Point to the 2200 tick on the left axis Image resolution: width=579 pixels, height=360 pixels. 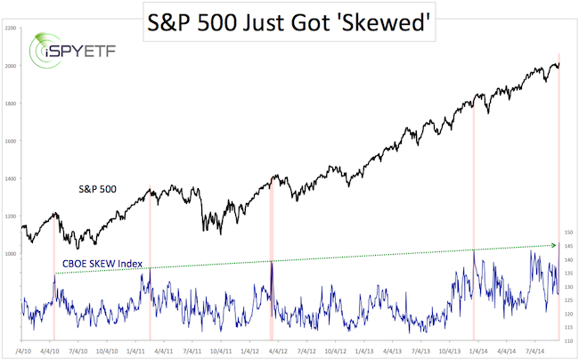pos(10,29)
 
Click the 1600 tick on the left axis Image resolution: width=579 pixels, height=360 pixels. pos(10,141)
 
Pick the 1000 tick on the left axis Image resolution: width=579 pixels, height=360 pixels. pos(10,254)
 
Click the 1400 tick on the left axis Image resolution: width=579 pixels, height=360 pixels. pos(10,178)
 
